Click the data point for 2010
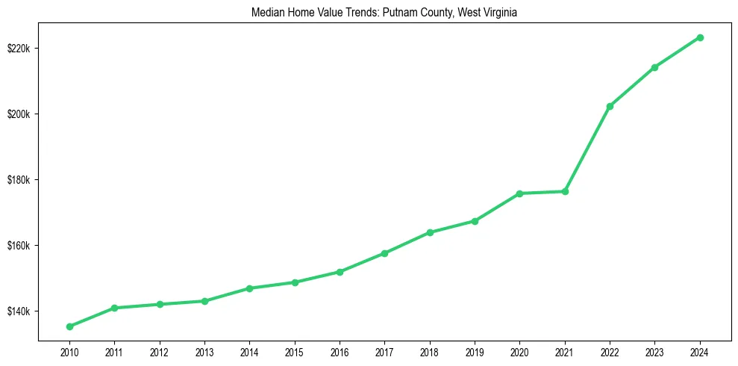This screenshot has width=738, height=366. coord(69,326)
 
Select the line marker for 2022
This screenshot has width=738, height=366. coord(610,106)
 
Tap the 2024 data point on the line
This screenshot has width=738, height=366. coord(700,37)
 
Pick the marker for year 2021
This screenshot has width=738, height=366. coord(565,191)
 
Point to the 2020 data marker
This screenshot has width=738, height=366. coord(519,193)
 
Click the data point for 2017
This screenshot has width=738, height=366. coord(384,253)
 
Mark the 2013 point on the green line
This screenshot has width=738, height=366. coord(204,301)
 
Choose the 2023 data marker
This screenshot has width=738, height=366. coord(654,67)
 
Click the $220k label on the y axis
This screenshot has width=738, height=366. coord(18,49)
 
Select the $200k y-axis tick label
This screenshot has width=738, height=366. coord(18,114)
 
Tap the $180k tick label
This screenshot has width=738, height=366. coord(18,180)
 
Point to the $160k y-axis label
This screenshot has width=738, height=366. coord(18,246)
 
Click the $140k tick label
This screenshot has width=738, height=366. coord(18,311)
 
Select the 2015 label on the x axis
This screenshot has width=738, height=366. coord(295,352)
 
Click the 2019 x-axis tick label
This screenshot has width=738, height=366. coord(475,352)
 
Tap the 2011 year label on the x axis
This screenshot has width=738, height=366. coord(114,352)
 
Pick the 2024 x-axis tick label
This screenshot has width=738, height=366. coord(700,352)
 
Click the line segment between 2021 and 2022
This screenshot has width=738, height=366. coord(587,149)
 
